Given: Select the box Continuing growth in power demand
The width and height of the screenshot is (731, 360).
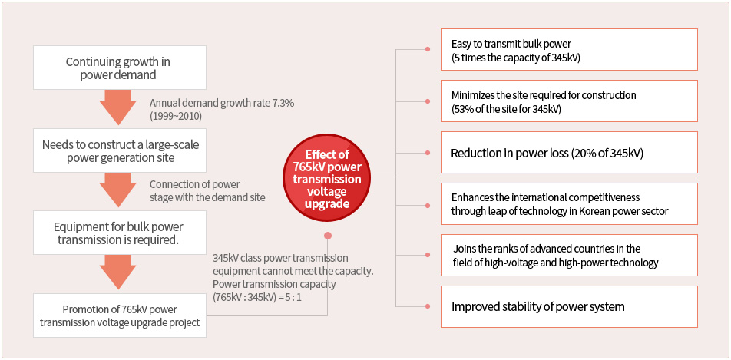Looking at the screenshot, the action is click(x=119, y=68).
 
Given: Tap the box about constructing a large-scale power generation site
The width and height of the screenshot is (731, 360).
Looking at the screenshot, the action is click(x=119, y=151).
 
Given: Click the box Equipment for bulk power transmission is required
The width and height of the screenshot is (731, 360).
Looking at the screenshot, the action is click(x=119, y=233).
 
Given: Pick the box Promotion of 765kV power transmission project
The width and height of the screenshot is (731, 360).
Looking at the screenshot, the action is click(x=119, y=315).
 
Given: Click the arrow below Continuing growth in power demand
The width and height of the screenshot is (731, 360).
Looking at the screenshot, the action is click(x=118, y=107).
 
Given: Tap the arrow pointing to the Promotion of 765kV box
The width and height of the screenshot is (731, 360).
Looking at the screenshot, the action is click(x=118, y=272).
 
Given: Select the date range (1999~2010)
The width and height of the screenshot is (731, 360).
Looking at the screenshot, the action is click(x=176, y=116).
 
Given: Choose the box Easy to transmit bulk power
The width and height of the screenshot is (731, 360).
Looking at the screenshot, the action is click(x=569, y=49).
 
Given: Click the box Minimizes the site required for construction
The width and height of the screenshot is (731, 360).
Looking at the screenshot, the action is click(x=569, y=101).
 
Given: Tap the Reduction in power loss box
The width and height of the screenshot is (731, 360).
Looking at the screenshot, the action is click(x=569, y=153).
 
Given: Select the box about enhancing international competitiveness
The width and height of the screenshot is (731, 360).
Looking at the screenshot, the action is click(x=569, y=203).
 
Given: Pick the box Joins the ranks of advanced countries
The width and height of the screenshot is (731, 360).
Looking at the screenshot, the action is click(x=569, y=255).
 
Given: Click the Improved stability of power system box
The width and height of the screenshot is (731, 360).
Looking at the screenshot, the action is click(x=569, y=307).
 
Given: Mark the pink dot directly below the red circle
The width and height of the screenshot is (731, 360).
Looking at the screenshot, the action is click(x=328, y=236).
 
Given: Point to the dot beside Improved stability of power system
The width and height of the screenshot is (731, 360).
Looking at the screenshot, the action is click(x=428, y=306).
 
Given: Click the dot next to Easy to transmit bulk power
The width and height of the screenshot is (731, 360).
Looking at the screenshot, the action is click(x=428, y=49).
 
